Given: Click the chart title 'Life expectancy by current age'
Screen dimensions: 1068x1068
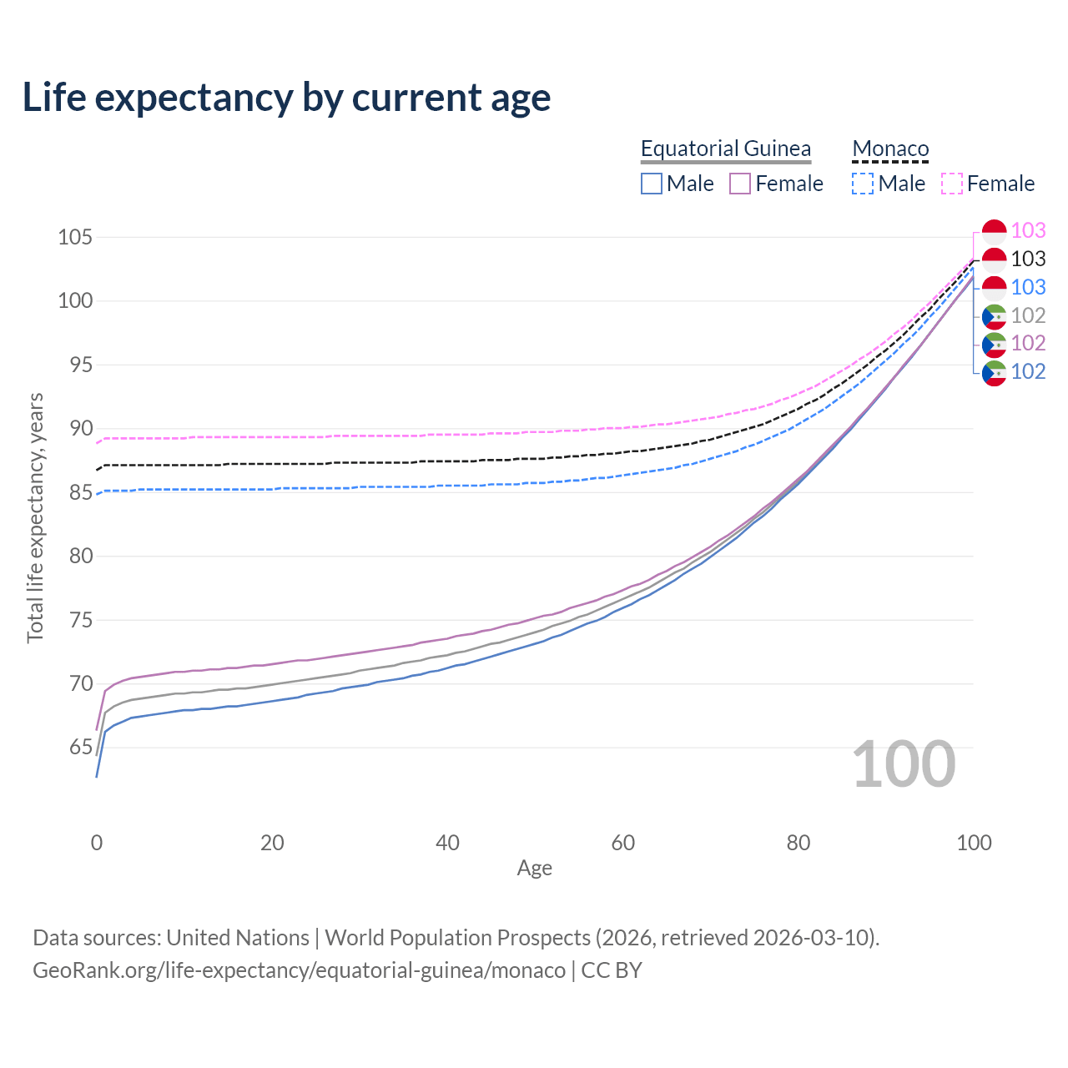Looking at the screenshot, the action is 286,98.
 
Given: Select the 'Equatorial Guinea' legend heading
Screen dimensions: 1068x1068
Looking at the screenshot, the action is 725,149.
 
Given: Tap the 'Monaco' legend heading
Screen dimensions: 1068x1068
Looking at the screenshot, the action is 890,149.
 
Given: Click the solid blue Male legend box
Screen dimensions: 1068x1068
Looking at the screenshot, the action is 651,184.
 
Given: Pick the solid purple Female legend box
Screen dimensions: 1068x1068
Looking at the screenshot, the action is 740,184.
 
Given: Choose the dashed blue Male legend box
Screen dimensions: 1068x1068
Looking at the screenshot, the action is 863,184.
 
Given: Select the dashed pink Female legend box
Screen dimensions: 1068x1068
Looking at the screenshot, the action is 952,184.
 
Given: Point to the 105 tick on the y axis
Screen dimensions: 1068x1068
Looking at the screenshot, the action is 75,237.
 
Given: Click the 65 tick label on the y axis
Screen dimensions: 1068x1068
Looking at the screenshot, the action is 81,747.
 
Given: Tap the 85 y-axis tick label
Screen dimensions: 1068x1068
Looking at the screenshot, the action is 81,492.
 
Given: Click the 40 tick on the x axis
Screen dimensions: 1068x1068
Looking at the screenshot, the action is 447,843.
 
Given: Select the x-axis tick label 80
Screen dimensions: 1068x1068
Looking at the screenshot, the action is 798,843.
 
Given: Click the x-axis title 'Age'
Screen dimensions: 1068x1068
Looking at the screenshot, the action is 534,868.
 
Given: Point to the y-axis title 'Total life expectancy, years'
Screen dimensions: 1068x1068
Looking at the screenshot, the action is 35,518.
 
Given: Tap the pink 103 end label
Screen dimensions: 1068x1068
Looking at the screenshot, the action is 1028,230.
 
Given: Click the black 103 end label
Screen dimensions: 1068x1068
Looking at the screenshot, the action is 1028,259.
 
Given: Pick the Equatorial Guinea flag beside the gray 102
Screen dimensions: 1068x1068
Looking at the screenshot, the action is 995,317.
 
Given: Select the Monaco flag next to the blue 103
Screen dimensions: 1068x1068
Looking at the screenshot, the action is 995,288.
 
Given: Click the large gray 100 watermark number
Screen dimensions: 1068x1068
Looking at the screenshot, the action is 904,764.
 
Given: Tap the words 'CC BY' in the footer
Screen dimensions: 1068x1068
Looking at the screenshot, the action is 612,970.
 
